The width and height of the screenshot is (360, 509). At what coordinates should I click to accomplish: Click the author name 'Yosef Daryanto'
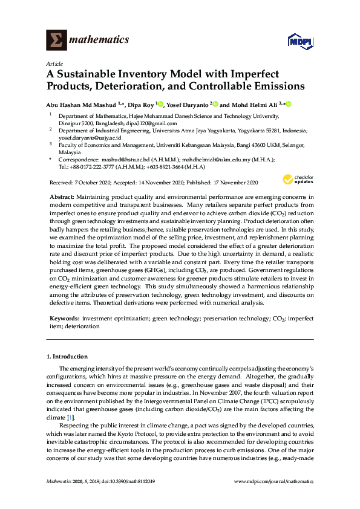(x=188, y=105)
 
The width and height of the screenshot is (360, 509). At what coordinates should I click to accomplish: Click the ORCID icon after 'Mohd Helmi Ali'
(x=289, y=105)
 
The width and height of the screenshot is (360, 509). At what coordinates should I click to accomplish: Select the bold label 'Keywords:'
(x=63, y=317)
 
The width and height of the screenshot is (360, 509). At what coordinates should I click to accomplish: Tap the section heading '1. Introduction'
(x=67, y=357)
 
